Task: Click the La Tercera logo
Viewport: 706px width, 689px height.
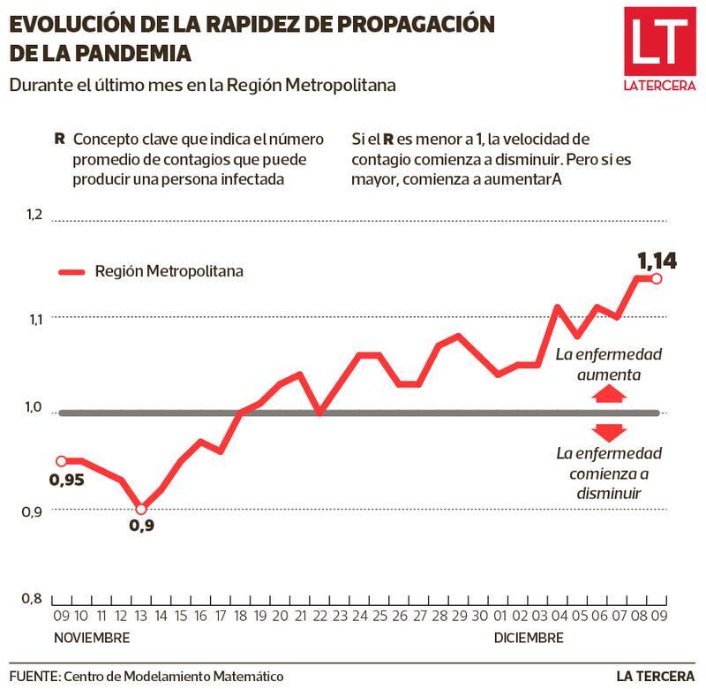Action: point(659,49)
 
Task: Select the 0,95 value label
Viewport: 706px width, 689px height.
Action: point(66,481)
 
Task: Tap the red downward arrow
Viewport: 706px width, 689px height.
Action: point(610,432)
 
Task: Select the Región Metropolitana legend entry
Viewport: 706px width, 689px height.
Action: point(150,271)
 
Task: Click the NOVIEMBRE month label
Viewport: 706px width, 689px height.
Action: point(92,638)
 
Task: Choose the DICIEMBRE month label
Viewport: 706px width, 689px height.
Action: point(529,638)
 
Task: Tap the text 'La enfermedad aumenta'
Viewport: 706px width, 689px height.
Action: point(609,364)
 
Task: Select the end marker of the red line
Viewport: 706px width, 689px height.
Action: point(656,279)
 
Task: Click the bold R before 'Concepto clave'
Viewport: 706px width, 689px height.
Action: point(59,140)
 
